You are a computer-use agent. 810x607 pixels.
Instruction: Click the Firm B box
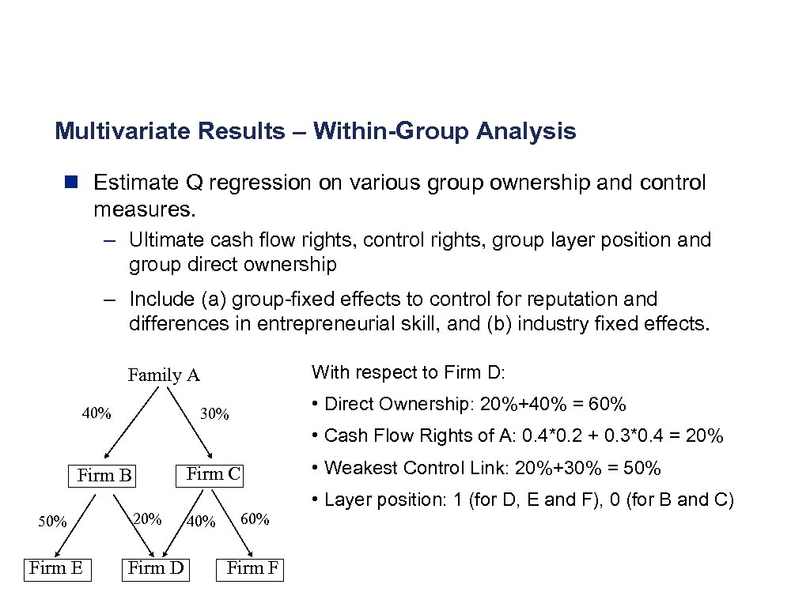[x=104, y=475]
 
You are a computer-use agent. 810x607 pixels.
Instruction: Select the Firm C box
[x=213, y=474]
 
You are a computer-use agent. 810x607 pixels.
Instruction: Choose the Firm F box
[x=252, y=567]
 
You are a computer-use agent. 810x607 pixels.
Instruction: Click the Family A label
[x=164, y=375]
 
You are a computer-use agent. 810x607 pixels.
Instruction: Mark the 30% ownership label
[x=214, y=413]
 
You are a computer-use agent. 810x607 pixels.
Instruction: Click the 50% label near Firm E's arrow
[x=52, y=521]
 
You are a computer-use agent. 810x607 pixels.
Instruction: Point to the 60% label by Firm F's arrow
[x=255, y=519]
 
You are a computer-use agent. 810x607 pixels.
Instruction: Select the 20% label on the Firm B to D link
[x=147, y=518]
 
